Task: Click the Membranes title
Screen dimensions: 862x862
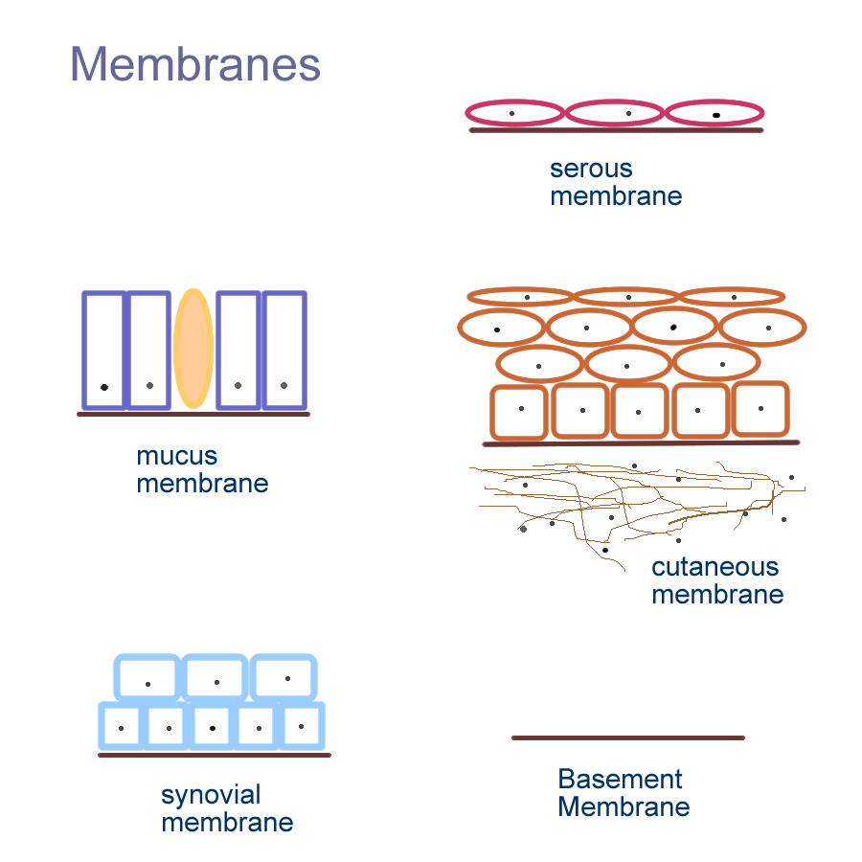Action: [x=195, y=65]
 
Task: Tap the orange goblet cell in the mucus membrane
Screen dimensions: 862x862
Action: [x=193, y=349]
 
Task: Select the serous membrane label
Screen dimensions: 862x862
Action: [x=616, y=183]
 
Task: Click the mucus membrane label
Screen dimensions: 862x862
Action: [x=202, y=469]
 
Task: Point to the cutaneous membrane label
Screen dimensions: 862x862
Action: [x=717, y=580]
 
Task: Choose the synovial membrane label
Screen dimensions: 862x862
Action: [x=227, y=808]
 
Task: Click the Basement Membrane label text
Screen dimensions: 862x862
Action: [x=624, y=793]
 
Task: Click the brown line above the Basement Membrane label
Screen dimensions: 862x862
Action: [x=627, y=737]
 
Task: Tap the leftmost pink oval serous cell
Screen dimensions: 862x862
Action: [x=515, y=113]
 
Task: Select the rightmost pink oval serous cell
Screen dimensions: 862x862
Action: [x=715, y=113]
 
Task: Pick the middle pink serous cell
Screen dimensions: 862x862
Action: [x=615, y=113]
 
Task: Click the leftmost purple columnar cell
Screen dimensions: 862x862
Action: [x=103, y=349]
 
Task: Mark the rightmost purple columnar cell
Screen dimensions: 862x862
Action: [x=284, y=349]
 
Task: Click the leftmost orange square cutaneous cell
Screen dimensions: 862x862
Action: [x=518, y=413]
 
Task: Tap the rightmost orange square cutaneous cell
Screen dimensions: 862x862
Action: [x=760, y=411]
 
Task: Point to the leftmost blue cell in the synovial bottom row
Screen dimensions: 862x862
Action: [x=122, y=726]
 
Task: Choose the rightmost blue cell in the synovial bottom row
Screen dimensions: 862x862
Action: [x=301, y=725]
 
